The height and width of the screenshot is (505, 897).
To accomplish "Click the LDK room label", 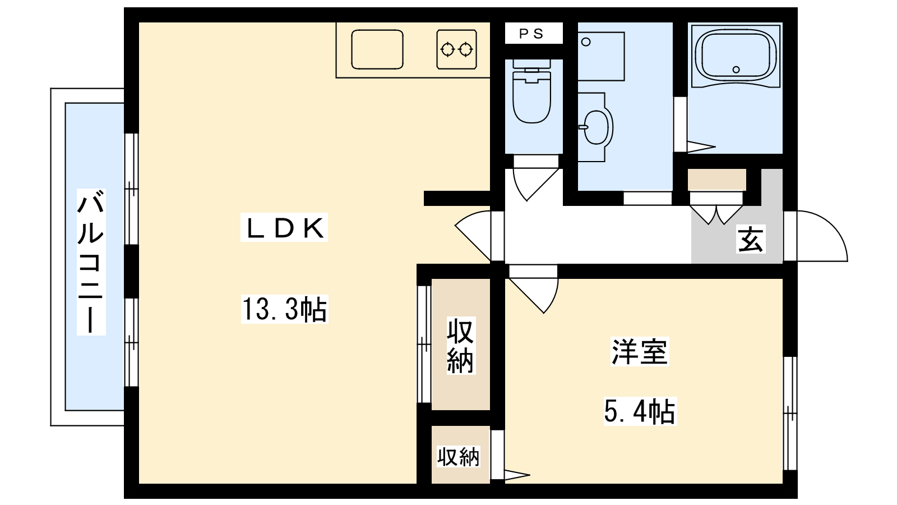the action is (284, 227).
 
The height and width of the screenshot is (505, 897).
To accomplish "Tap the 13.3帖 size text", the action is (284, 309).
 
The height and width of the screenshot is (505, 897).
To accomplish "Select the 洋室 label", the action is (640, 352).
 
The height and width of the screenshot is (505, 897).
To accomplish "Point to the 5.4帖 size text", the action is (640, 411).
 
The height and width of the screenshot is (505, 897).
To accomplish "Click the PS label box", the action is (533, 33).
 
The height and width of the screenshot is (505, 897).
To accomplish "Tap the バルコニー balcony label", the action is (91, 262).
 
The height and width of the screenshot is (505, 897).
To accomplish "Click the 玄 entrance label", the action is (751, 239).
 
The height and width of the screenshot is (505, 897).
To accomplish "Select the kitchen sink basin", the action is (377, 49).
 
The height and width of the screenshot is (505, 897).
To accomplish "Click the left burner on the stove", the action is (447, 50).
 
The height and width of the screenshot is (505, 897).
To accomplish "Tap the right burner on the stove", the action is (466, 50).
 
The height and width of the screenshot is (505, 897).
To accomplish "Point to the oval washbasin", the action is (597, 127).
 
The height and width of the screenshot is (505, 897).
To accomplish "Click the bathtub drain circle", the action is (736, 70).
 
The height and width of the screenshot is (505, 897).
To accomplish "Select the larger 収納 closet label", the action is (461, 346).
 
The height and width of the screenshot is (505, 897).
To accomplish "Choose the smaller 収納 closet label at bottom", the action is (458, 457).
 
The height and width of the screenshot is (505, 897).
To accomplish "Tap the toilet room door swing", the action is (536, 185).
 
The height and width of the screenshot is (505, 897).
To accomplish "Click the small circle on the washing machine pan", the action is (586, 42).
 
